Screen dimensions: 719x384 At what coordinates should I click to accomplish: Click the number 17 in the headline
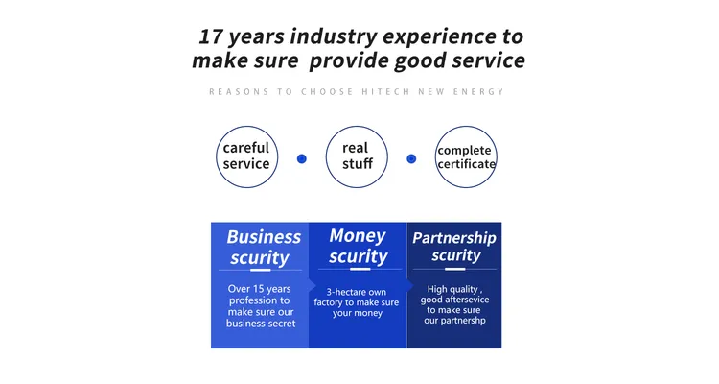[211, 36]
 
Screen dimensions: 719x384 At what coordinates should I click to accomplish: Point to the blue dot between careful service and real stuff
[302, 158]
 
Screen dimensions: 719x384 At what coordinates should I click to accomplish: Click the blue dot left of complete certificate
[411, 158]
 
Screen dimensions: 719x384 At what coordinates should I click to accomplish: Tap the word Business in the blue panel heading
[264, 237]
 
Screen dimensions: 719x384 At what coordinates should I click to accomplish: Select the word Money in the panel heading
[358, 235]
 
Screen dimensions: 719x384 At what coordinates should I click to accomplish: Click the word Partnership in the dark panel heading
[454, 238]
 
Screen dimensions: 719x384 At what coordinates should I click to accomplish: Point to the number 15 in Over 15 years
[259, 289]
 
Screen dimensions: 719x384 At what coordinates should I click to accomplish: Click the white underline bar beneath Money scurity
[359, 269]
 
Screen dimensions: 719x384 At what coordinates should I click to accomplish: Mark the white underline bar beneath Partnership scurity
[454, 269]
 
